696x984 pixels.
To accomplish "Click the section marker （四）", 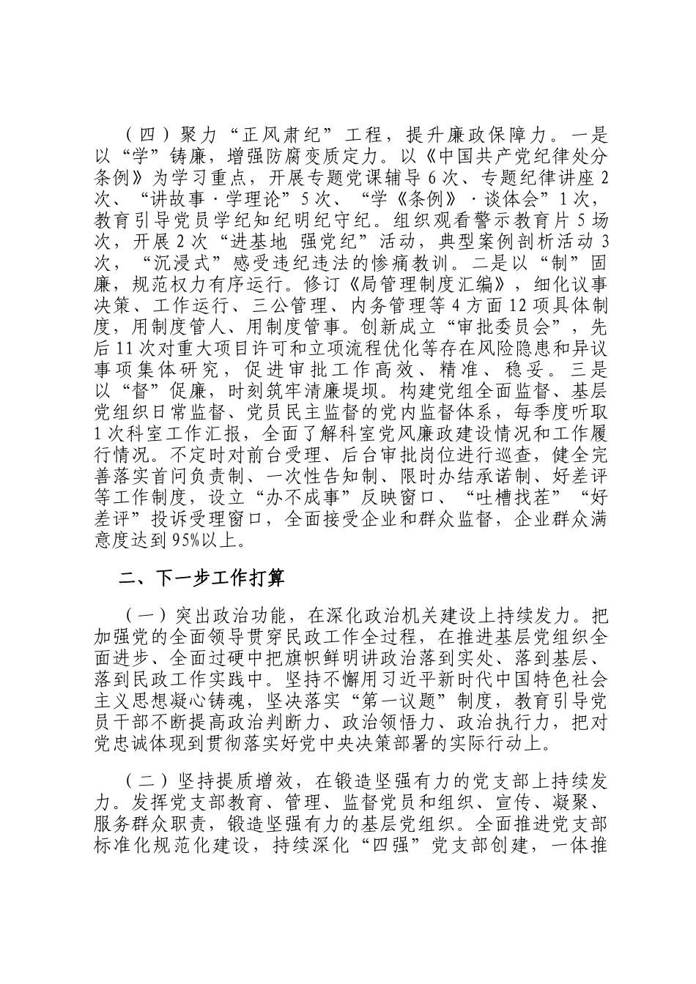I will tap(147, 136).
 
